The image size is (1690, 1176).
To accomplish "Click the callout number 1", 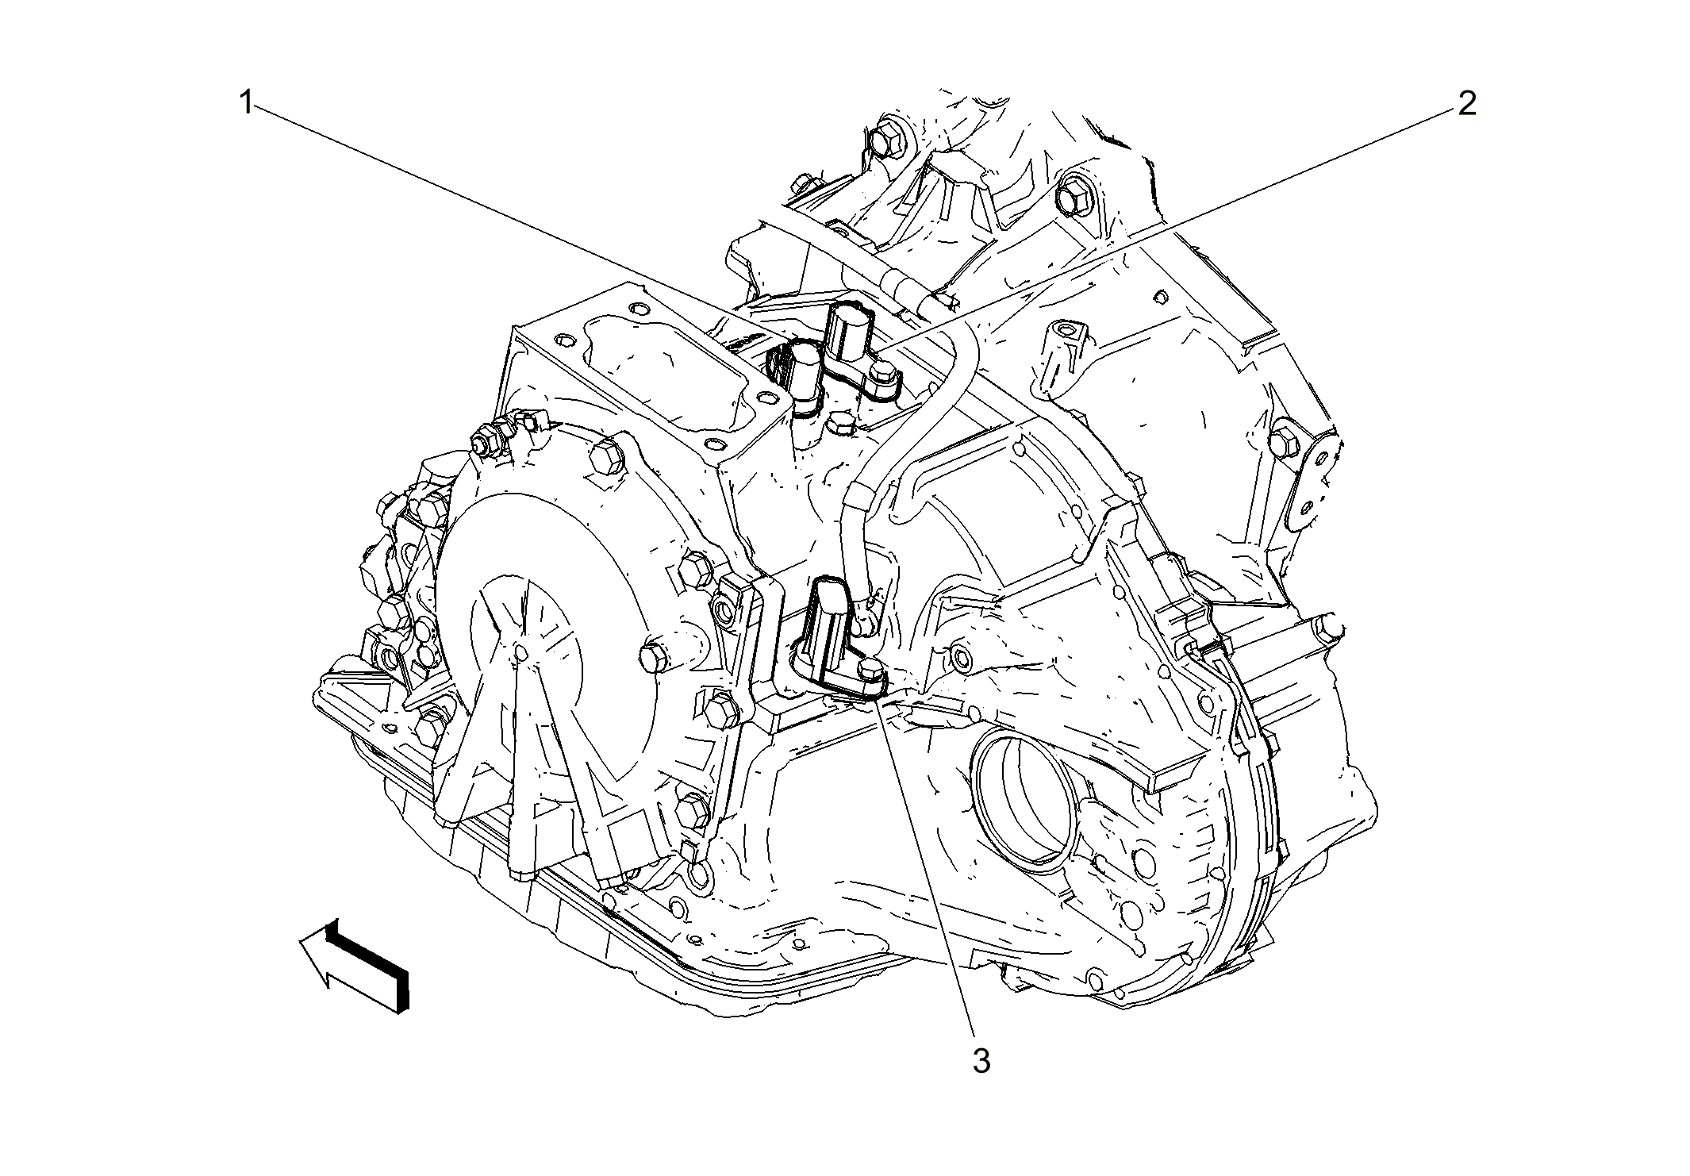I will coord(247,103).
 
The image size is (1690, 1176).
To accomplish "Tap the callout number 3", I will coord(981,1061).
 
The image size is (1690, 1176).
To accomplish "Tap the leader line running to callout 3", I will coord(928,873).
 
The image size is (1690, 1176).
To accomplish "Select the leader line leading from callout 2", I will coord(1190,222).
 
